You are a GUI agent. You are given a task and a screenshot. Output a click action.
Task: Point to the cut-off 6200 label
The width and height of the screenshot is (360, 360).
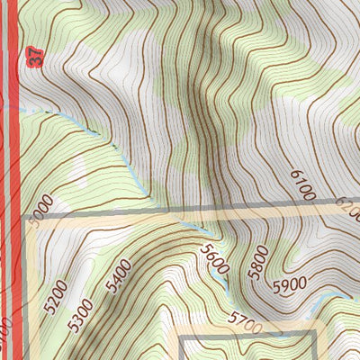[x=349, y=206]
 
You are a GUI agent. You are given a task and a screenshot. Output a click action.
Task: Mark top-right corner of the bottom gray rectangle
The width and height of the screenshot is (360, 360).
[x=314, y=334]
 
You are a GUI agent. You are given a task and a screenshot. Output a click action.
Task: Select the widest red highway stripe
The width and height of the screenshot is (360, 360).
[x=12, y=180]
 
